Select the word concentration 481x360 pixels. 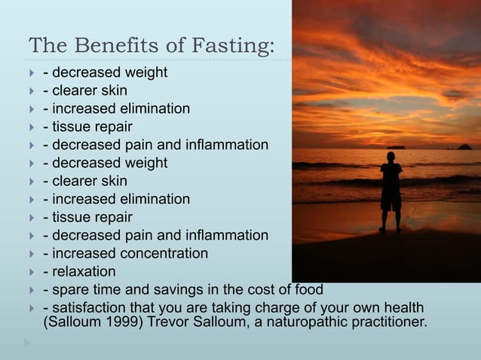pyautogui.click(x=161, y=254)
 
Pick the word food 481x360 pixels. pyautogui.click(x=308, y=290)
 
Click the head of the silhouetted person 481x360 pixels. pyautogui.click(x=390, y=157)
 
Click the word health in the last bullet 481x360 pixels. pyautogui.click(x=403, y=308)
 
